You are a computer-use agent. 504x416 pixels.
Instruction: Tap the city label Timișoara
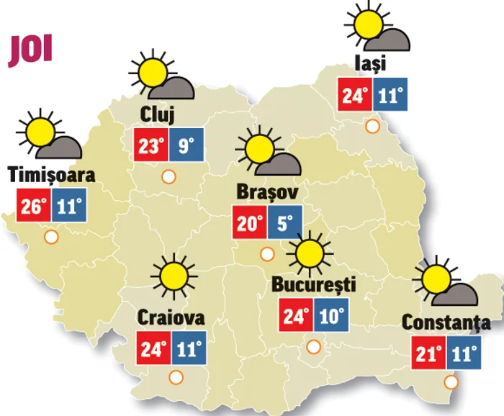click(51, 174)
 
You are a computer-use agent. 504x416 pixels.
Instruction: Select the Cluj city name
click(159, 113)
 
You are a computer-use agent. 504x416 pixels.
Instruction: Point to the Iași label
click(371, 63)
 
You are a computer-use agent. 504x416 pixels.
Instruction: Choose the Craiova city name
click(171, 317)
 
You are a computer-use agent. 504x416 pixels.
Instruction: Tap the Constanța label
click(446, 323)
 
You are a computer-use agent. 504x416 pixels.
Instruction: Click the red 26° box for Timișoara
click(33, 207)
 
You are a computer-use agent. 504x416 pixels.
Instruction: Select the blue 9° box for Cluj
click(186, 146)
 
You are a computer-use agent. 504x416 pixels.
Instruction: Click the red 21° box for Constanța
click(430, 354)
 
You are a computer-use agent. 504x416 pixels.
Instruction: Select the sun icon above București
click(310, 253)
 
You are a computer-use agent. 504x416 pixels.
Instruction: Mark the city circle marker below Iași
click(372, 127)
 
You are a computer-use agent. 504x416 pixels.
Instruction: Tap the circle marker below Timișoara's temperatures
click(50, 236)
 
